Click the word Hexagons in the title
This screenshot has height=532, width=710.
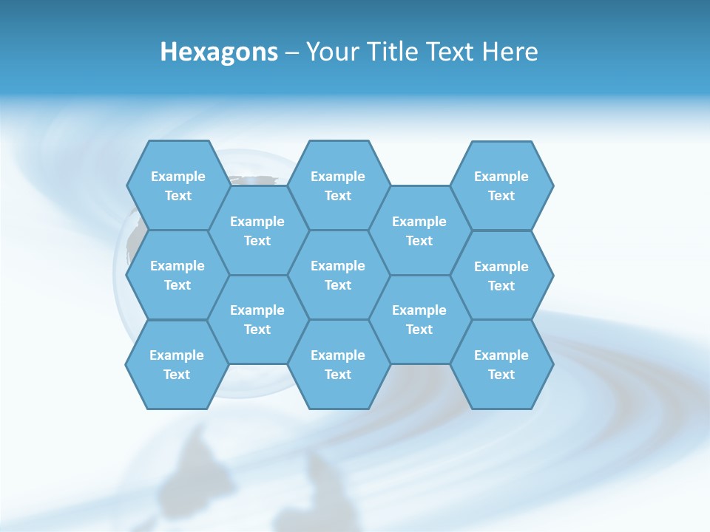(219, 52)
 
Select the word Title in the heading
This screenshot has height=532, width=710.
(393, 52)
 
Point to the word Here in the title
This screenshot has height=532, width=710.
(510, 52)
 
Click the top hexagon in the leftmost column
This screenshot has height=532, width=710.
(177, 185)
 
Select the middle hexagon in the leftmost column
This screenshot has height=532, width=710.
(177, 275)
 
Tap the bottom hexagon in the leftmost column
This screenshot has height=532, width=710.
(177, 364)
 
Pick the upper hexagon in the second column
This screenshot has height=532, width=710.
(257, 231)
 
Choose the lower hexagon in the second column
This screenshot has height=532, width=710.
(257, 319)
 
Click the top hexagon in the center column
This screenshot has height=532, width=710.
(338, 185)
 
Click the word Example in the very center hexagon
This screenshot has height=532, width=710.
(338, 266)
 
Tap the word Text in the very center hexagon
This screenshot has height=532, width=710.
(338, 285)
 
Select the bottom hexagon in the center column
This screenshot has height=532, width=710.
(338, 364)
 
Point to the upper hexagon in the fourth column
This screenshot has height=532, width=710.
(419, 231)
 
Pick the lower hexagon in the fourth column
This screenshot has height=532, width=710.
(419, 319)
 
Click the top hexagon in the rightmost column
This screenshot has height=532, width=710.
(501, 185)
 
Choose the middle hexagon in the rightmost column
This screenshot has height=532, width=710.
(501, 276)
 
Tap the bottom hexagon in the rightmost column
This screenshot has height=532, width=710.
(501, 364)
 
